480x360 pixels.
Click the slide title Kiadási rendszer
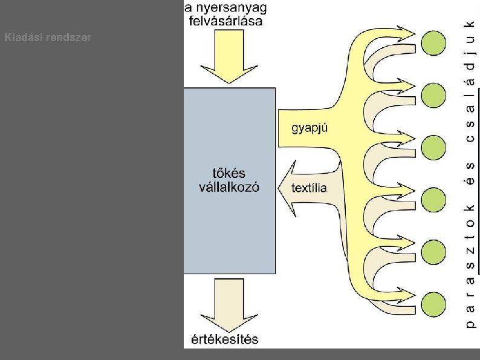point(48,38)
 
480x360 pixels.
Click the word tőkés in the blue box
point(230,172)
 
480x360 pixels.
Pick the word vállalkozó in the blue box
point(230,187)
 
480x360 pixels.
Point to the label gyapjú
point(310,128)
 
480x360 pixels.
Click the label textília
point(309,188)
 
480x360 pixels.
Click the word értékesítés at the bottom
point(229,339)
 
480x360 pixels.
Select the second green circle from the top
point(433,94)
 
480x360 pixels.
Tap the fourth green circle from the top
point(433,199)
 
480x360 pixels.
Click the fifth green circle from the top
point(433,251)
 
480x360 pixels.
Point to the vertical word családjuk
point(471,79)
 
